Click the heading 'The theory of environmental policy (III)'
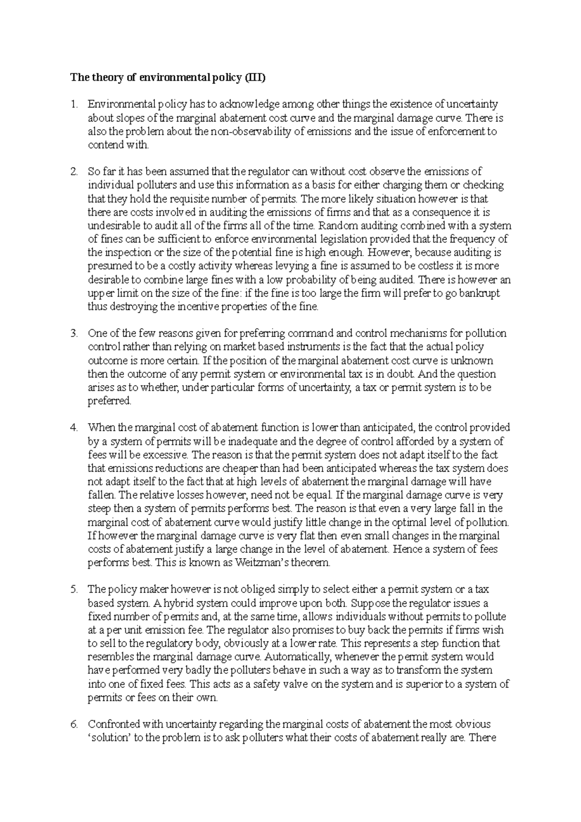168,77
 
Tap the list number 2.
74,172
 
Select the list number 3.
74,334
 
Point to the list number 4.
74,428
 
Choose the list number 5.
74,590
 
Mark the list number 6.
74,725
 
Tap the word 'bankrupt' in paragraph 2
480,293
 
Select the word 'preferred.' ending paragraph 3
109,401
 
